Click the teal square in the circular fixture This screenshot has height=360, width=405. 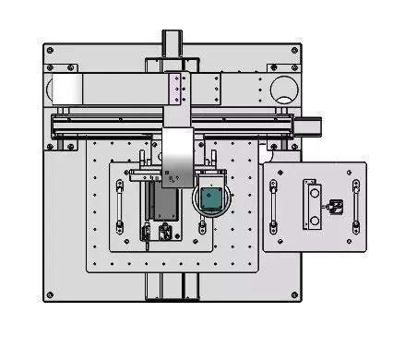click(x=210, y=198)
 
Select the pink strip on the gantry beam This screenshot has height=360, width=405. click(x=173, y=90)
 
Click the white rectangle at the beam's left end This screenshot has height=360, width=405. click(x=66, y=90)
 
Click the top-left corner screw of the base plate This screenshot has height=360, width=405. click(x=50, y=48)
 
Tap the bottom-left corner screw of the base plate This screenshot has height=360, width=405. click(x=50, y=295)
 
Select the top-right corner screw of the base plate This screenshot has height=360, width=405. click(x=295, y=48)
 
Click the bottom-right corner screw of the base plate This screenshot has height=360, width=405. click(x=295, y=295)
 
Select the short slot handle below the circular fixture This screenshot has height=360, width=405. click(x=201, y=226)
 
